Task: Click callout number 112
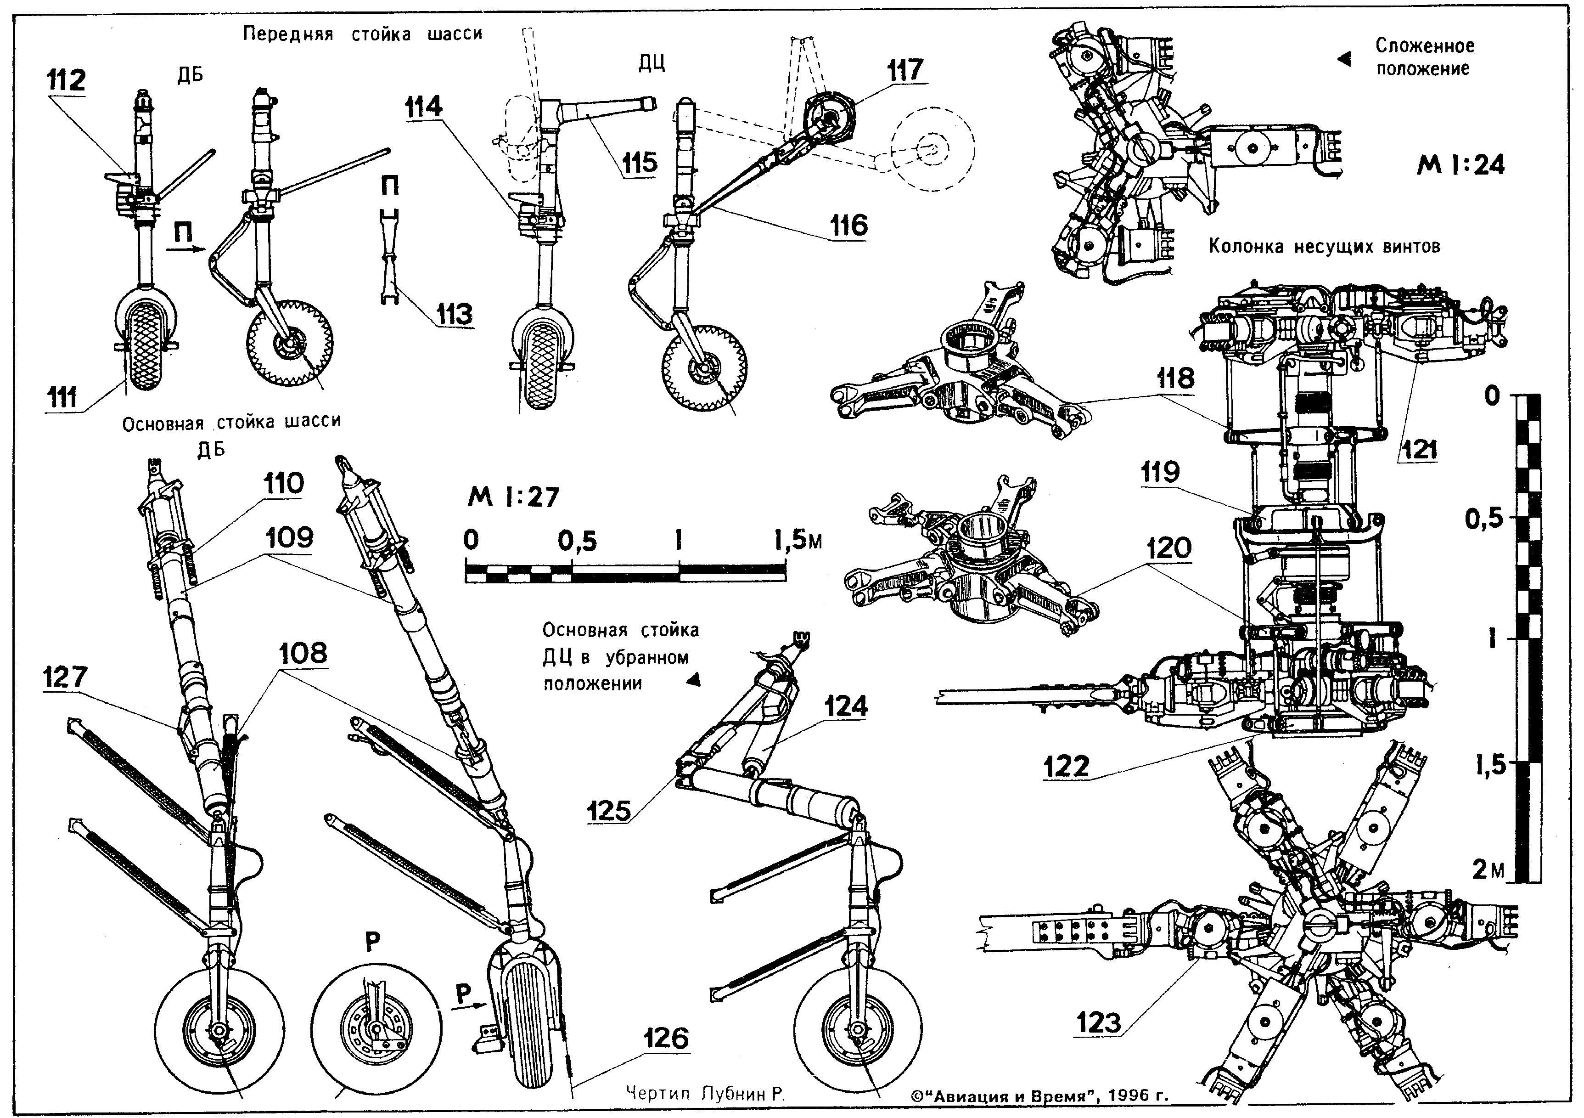tap(66, 81)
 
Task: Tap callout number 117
tap(904, 70)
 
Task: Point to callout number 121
tap(1420, 449)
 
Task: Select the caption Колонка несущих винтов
tap(1324, 246)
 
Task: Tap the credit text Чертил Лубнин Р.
tap(706, 1093)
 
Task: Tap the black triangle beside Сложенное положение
tap(1345, 60)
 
